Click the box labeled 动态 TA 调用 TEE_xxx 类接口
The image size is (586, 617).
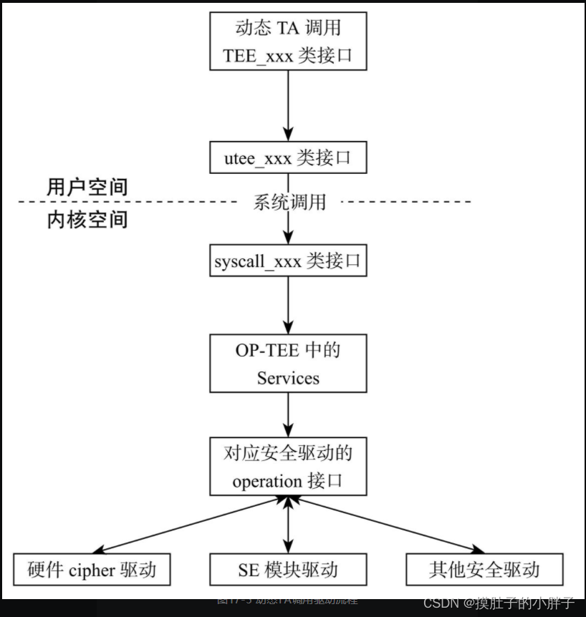point(288,41)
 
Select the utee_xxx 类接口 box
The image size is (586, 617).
point(288,157)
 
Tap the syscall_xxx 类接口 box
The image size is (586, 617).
point(288,261)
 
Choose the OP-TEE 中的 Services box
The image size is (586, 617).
point(288,364)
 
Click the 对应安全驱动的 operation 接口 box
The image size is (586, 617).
point(288,467)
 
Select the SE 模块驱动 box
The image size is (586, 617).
point(288,570)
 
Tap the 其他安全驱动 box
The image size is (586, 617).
point(484,570)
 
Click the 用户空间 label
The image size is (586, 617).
point(87,188)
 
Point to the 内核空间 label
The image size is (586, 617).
point(87,219)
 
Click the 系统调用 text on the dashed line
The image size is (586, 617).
point(289,203)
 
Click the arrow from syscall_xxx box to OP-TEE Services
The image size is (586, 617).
point(288,305)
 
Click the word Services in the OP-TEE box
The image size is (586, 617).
point(288,377)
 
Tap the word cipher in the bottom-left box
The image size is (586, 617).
point(96,570)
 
